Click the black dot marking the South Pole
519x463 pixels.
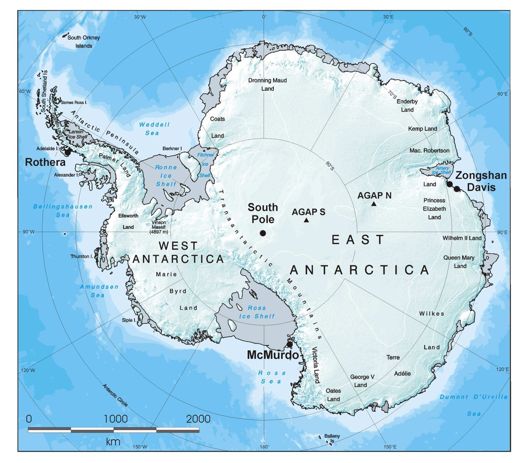pyautogui.click(x=263, y=233)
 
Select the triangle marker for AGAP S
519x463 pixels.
pyautogui.click(x=306, y=220)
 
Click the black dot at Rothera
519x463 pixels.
pyautogui.click(x=67, y=152)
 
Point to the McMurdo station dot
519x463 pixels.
pyautogui.click(x=289, y=344)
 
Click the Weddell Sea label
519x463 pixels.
pyautogui.click(x=154, y=129)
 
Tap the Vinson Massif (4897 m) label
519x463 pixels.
pyautogui.click(x=158, y=227)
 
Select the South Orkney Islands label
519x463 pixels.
pyautogui.click(x=83, y=42)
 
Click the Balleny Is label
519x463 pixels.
pyautogui.click(x=332, y=439)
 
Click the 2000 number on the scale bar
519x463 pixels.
pyautogui.click(x=199, y=419)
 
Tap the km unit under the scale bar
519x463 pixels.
pyautogui.click(x=113, y=442)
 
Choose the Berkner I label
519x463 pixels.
pyautogui.click(x=172, y=149)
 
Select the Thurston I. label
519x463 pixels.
pyautogui.click(x=82, y=256)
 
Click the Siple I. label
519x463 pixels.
pyautogui.click(x=128, y=320)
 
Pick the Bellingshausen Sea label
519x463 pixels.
pyautogui.click(x=63, y=210)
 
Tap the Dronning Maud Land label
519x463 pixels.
pyautogui.click(x=267, y=84)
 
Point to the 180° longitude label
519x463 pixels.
pyautogui.click(x=264, y=447)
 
